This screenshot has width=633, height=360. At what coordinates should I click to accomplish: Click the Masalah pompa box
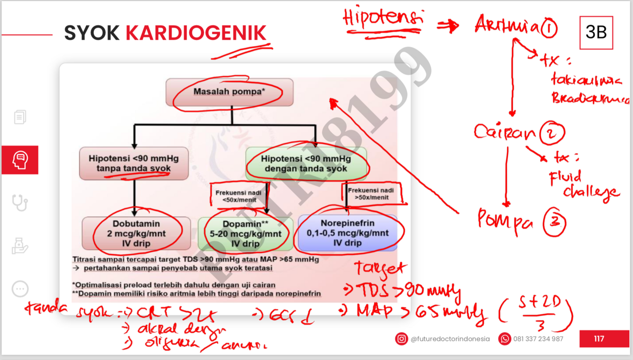[229, 92]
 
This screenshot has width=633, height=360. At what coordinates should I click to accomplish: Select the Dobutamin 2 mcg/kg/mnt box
[136, 233]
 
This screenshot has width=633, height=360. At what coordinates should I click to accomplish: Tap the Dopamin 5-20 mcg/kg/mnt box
[245, 233]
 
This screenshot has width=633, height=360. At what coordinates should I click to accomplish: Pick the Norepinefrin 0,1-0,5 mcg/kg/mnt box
[347, 233]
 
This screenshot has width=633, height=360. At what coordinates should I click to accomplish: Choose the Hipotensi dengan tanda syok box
[306, 163]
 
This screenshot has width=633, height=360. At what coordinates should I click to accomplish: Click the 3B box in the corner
[596, 32]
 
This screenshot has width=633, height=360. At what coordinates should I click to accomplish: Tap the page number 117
[599, 339]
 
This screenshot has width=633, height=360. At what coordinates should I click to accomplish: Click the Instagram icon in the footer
[401, 339]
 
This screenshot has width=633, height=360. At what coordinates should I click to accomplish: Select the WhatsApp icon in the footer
[504, 339]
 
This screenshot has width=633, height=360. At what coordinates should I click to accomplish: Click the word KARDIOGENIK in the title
[196, 33]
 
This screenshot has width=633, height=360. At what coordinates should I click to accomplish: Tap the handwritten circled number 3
[554, 222]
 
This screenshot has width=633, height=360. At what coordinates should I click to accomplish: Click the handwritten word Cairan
[504, 132]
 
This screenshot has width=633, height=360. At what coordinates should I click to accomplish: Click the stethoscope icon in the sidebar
[20, 203]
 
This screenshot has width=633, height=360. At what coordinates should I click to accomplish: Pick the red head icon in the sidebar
[20, 160]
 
